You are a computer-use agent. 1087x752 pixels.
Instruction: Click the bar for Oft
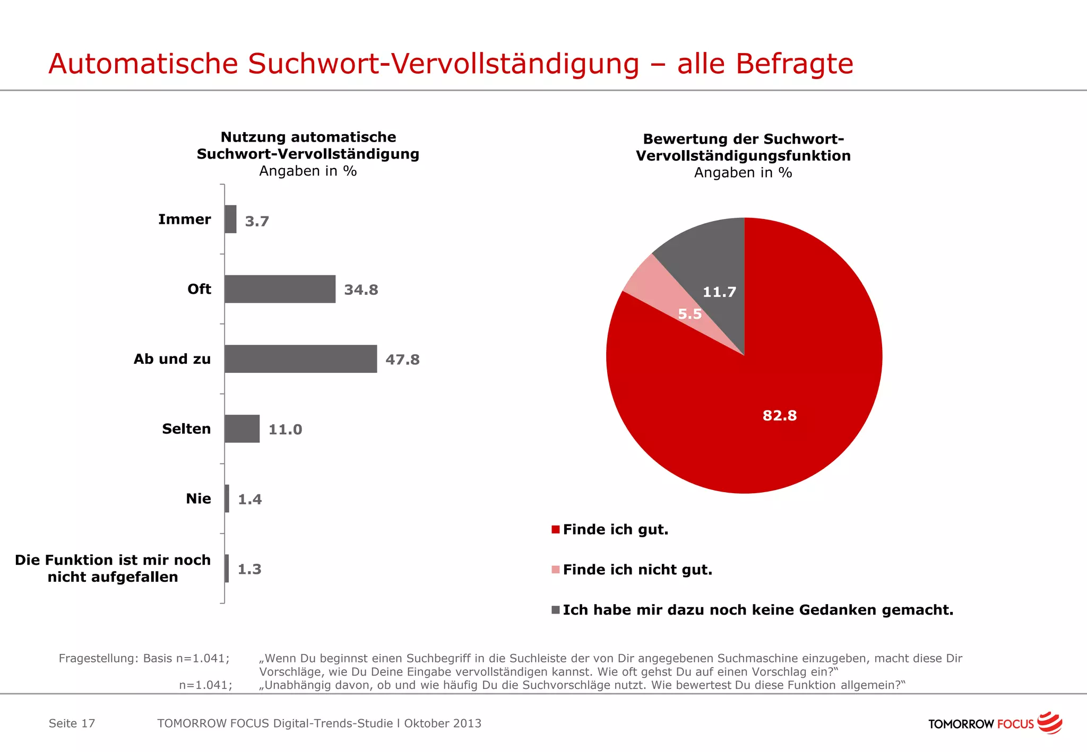(x=280, y=289)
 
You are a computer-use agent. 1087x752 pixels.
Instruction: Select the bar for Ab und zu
(x=300, y=359)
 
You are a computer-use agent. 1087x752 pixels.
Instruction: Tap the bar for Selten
(x=242, y=429)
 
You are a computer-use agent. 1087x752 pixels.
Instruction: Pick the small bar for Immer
(x=230, y=219)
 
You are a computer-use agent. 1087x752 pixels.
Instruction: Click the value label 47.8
(x=402, y=360)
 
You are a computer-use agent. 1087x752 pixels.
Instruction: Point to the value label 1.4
(x=249, y=499)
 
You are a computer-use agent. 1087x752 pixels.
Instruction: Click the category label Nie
(x=198, y=499)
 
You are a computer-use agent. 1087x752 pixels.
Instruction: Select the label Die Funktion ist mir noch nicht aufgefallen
(x=113, y=568)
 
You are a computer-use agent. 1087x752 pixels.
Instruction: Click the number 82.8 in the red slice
(x=780, y=415)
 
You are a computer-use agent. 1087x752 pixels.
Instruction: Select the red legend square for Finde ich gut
(x=556, y=529)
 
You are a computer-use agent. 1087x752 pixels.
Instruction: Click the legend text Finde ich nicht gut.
(x=637, y=570)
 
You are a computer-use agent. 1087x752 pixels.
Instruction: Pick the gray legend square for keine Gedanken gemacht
(x=556, y=610)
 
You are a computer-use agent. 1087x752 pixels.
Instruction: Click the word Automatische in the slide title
(x=143, y=64)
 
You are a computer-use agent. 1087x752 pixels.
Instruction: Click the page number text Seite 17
(x=72, y=723)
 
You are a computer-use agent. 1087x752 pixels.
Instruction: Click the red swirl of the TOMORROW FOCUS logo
(x=1050, y=723)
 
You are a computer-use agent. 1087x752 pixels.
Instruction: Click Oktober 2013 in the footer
(x=443, y=723)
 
